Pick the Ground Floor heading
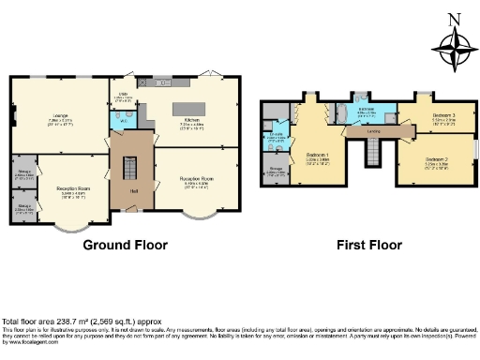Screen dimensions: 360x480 126,245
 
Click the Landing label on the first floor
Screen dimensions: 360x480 372,132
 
